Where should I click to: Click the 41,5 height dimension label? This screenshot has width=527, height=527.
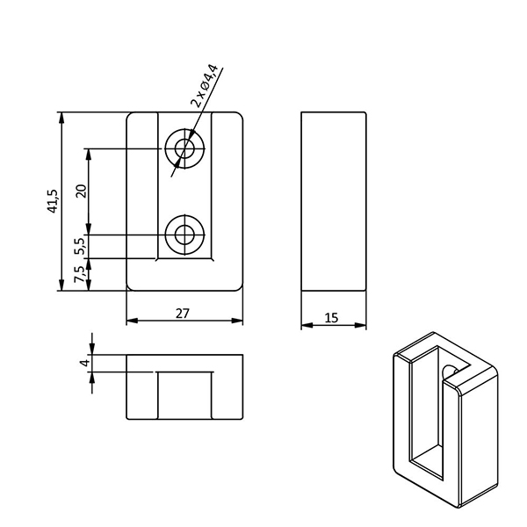pos(53,201)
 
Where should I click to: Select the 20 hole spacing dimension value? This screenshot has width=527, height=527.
pos(82,191)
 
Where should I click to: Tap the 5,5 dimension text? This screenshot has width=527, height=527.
pos(81,246)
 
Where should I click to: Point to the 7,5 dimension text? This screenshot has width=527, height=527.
pos(81,274)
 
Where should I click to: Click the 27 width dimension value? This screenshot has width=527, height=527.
pos(183,314)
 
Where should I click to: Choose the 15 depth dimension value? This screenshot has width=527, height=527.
pos(331,318)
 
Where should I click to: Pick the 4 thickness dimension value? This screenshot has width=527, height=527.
pos(86,363)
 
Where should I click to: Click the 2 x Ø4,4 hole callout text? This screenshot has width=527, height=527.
pos(205,85)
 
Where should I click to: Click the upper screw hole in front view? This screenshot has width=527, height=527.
pos(184,148)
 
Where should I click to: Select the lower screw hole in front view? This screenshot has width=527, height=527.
pos(184,235)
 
